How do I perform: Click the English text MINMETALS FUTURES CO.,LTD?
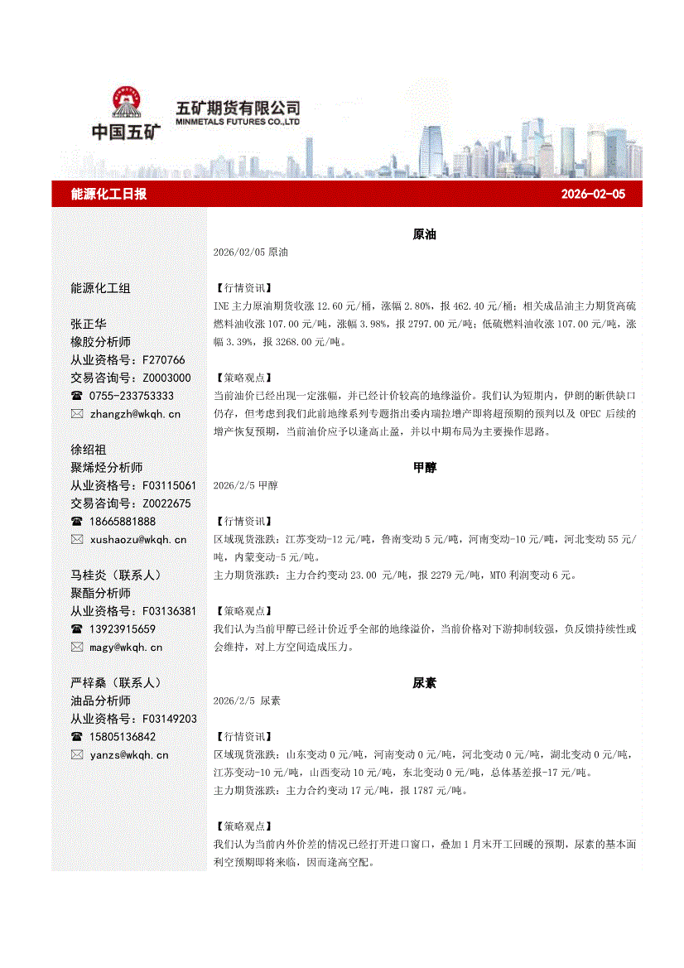click(238, 122)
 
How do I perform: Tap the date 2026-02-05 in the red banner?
click(593, 194)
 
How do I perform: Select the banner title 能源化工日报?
click(109, 194)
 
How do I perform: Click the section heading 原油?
click(424, 234)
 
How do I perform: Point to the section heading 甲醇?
click(424, 468)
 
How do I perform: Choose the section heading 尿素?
click(424, 683)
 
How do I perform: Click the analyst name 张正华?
click(89, 324)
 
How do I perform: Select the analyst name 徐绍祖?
click(89, 450)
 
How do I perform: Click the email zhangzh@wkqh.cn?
click(135, 413)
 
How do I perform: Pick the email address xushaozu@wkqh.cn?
click(138, 539)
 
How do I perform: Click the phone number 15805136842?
click(123, 736)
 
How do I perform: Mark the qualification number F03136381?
click(169, 611)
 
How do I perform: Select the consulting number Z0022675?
click(166, 503)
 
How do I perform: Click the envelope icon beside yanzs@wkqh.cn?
click(77, 754)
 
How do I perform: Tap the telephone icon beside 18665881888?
click(77, 522)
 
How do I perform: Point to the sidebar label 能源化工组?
click(100, 288)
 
